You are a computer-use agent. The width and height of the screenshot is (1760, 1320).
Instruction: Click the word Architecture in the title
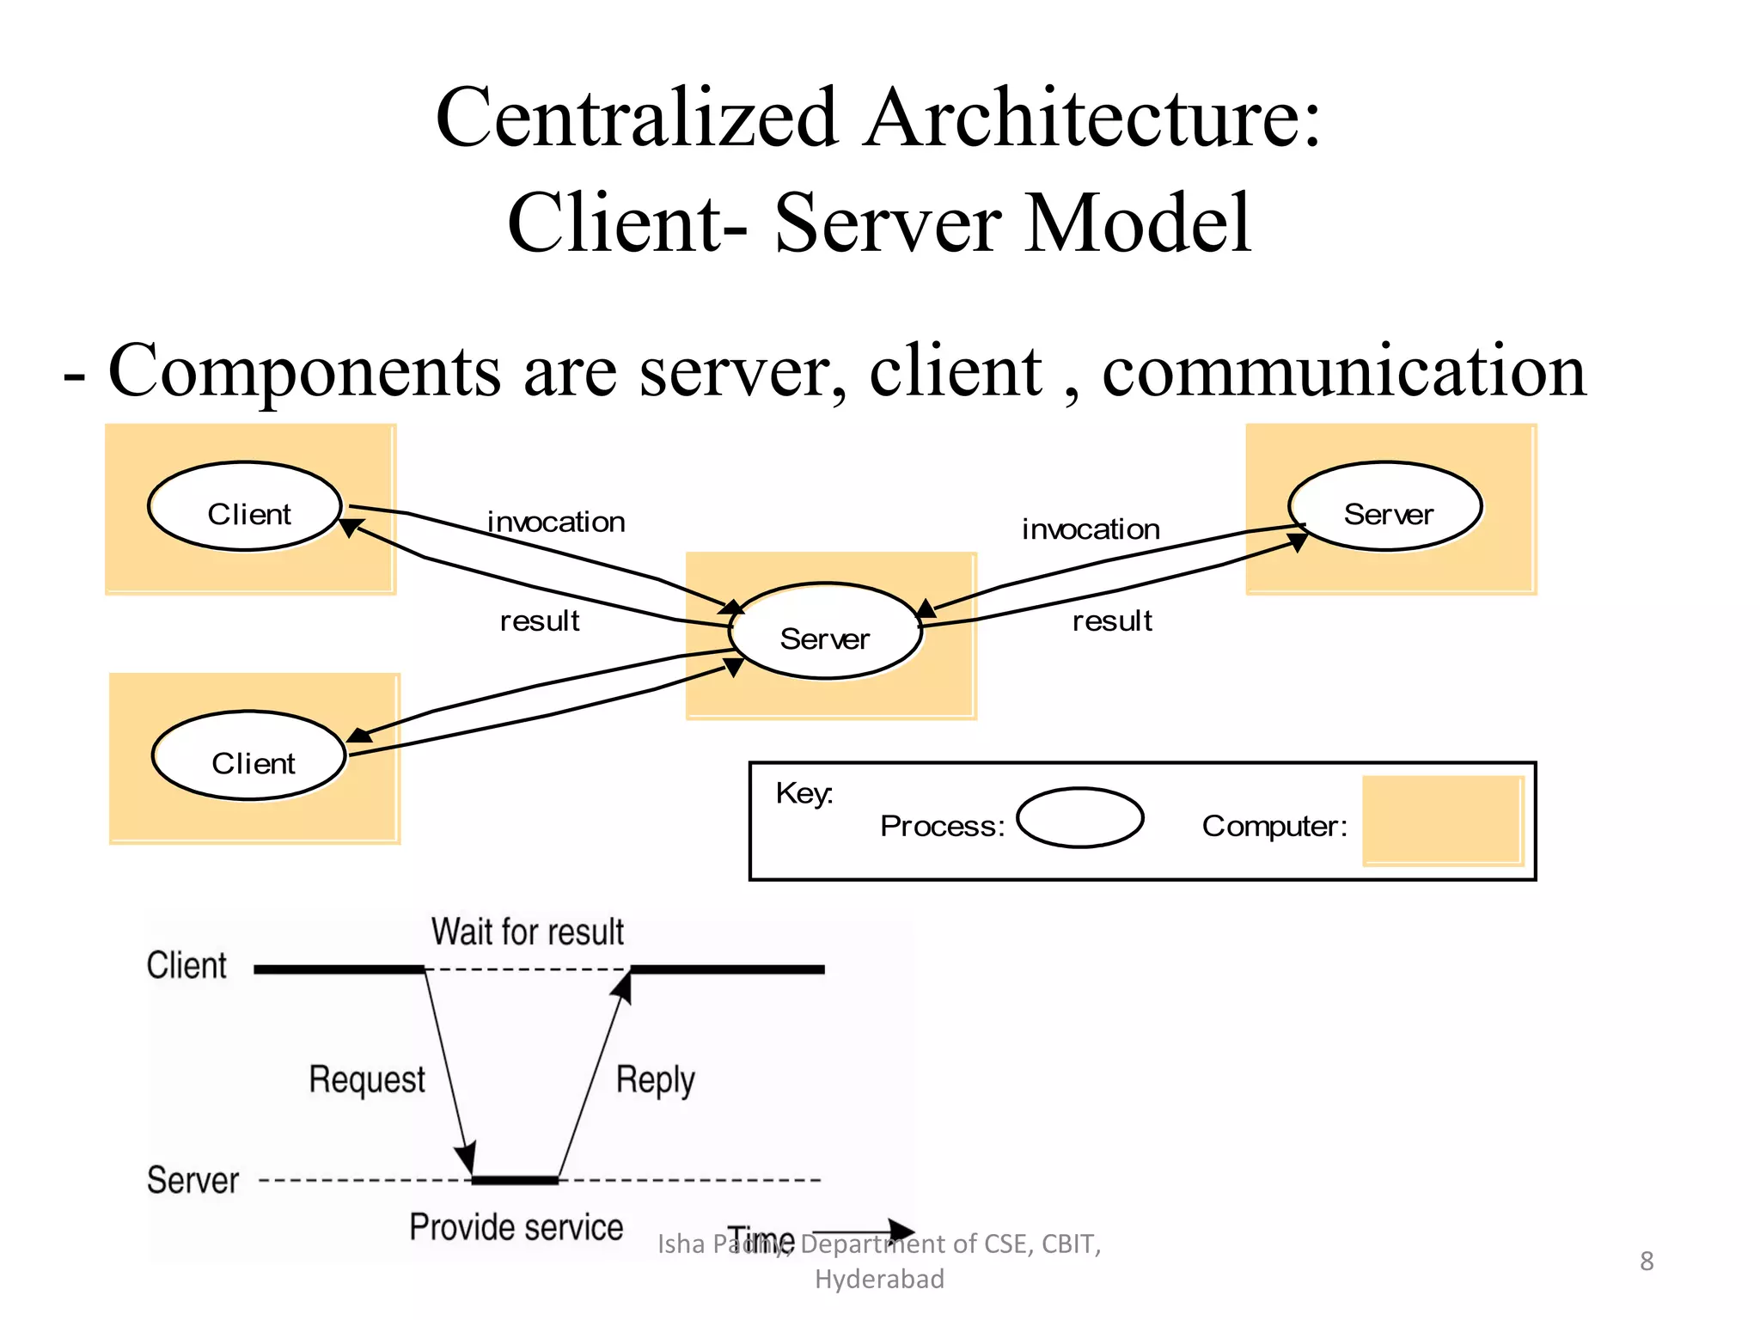(1093, 118)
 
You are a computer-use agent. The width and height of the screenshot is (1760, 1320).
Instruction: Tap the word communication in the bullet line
(1343, 371)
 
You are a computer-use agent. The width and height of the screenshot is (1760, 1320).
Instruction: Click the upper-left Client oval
(245, 507)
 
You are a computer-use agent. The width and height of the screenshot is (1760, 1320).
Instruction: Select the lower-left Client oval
(249, 756)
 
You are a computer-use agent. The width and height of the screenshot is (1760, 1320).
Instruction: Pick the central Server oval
(825, 632)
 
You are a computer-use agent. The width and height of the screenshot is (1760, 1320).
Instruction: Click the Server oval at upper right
(1385, 507)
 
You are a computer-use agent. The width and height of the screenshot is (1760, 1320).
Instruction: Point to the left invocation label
(556, 522)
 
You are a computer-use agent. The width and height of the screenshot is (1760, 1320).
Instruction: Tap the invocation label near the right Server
(1091, 529)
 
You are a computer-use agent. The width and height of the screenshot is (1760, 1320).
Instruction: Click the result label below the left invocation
(540, 620)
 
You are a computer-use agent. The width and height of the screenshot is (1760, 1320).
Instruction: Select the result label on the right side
(1112, 620)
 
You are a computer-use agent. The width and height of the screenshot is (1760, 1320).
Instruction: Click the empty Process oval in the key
(1079, 817)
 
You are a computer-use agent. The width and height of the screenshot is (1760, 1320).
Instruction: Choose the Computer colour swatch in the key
(1443, 821)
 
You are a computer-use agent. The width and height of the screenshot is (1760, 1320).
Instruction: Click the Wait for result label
(527, 932)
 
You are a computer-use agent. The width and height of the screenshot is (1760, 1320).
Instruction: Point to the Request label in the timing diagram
(367, 1079)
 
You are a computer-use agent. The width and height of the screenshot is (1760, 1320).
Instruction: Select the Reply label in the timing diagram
(655, 1079)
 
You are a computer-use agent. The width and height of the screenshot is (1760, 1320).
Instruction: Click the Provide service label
(516, 1227)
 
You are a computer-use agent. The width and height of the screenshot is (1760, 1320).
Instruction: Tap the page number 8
(1646, 1262)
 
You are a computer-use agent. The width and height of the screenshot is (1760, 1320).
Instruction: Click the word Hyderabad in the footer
(879, 1280)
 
